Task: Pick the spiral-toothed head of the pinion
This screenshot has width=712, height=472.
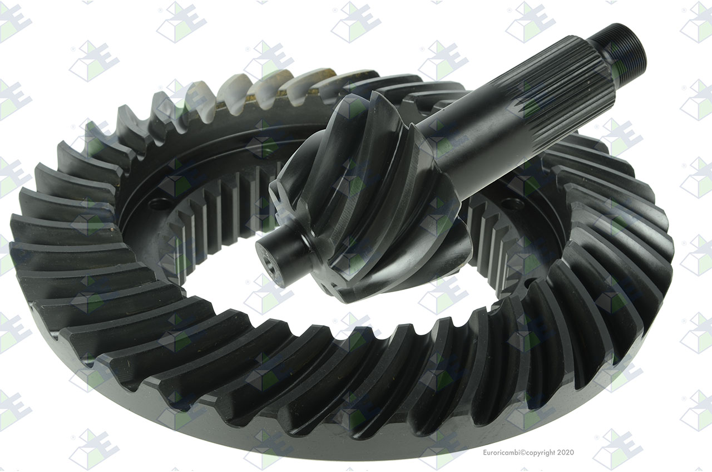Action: pos(365,197)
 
